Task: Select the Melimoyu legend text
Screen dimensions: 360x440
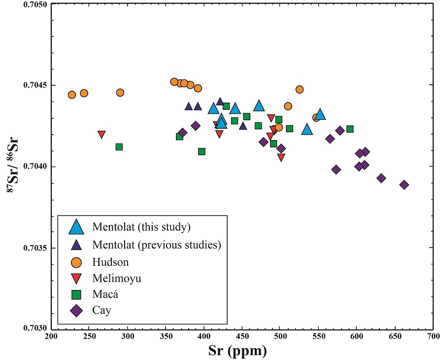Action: pos(116,278)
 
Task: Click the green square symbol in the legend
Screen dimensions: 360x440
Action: pos(76,295)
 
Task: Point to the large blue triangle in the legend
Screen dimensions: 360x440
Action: pos(76,226)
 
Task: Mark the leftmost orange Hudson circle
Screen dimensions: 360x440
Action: pos(72,95)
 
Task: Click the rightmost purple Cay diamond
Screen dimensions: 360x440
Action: pos(404,185)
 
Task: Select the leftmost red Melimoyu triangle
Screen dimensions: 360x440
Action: pos(102,135)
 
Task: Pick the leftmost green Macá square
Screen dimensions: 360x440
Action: pos(119,147)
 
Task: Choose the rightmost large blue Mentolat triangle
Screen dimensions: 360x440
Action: pos(320,114)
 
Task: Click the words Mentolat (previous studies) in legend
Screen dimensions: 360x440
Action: pos(156,245)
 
